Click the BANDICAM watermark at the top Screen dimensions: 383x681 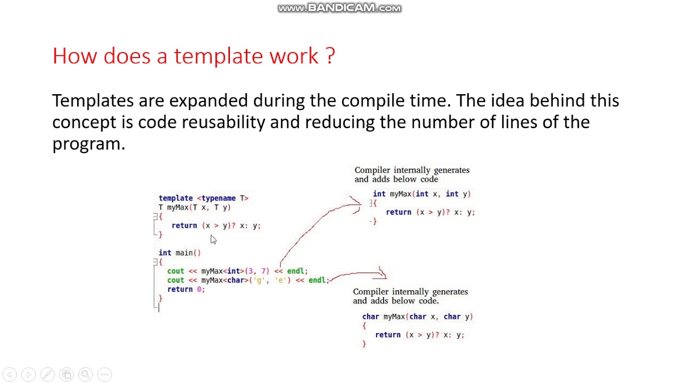[339, 8]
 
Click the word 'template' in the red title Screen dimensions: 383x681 [219, 56]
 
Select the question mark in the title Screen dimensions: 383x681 [330, 56]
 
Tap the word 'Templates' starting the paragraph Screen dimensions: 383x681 [93, 101]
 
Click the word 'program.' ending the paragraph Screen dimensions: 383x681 [88, 144]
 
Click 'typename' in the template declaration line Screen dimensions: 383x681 [218, 198]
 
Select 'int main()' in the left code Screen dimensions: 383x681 [179, 253]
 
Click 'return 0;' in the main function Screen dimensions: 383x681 [186, 289]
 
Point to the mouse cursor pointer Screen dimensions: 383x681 [213, 239]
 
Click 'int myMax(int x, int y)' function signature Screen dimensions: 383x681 [421, 194]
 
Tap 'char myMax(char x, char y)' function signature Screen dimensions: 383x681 [417, 317]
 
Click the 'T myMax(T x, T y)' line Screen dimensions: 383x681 [194, 207]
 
